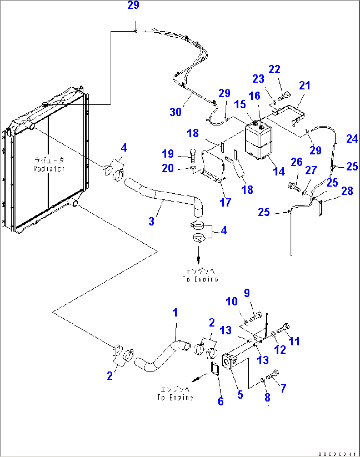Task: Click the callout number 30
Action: pyautogui.click(x=175, y=112)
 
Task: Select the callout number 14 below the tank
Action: pyautogui.click(x=279, y=171)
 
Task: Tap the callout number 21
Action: pyautogui.click(x=305, y=86)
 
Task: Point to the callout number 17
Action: pyautogui.click(x=226, y=202)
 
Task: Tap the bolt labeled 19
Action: pyautogui.click(x=193, y=155)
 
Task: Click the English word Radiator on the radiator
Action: pyautogui.click(x=49, y=169)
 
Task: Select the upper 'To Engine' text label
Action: pyautogui.click(x=200, y=279)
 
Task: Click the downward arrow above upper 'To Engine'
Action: pyautogui.click(x=198, y=256)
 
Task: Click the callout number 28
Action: pyautogui.click(x=347, y=191)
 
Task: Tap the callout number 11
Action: pyautogui.click(x=294, y=341)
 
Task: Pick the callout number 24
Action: pyautogui.click(x=352, y=139)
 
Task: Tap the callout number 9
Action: pyautogui.click(x=247, y=293)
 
